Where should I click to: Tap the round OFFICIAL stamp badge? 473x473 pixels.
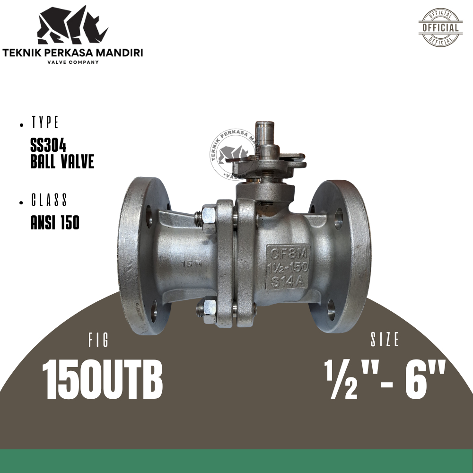point(440,27)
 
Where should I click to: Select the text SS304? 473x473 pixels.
point(48,148)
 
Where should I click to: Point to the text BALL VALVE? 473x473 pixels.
point(62,162)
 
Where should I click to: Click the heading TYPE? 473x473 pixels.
point(45,123)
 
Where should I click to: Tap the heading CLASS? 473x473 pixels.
point(49,201)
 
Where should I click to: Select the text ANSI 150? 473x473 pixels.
point(55,223)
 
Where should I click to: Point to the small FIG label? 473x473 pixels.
point(98,341)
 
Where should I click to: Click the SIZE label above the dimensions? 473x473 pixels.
point(385,340)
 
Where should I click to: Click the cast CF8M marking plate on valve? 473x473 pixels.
point(288,267)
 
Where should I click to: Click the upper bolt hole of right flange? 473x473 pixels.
point(339,219)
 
